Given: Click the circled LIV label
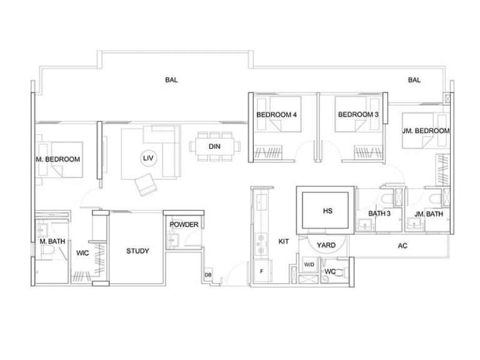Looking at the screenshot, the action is click(149, 158).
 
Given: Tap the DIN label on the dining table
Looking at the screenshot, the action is click(214, 147).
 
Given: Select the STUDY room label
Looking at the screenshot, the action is click(137, 251).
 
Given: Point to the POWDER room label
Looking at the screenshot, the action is click(184, 225).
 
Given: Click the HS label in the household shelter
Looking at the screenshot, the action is click(327, 211).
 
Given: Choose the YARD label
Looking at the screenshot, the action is click(326, 245).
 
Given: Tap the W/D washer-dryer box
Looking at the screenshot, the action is click(309, 264).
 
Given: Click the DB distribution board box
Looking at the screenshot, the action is click(208, 275).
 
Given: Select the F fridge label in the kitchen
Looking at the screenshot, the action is click(261, 271).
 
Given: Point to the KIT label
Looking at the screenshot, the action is click(284, 241).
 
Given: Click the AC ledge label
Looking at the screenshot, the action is click(402, 246).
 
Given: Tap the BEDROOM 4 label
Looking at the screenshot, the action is click(276, 115).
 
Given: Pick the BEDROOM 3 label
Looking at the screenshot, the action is click(358, 114).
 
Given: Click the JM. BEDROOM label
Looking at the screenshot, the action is click(426, 131).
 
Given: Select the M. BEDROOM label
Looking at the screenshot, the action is click(58, 159).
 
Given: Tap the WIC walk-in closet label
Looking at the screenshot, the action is click(82, 253).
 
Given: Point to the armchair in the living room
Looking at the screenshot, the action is click(146, 184).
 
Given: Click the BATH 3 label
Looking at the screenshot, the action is click(379, 213).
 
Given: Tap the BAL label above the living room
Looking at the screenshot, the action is click(171, 80).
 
